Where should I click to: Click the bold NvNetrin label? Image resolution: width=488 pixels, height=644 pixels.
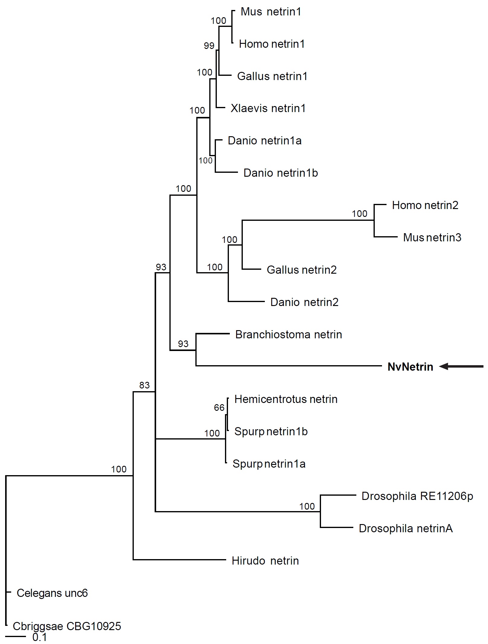(x=410, y=367)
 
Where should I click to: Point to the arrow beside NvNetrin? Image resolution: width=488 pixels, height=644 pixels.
(x=461, y=367)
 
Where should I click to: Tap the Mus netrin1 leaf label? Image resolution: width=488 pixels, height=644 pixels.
(x=271, y=12)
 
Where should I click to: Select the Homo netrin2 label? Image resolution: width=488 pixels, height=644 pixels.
(x=425, y=205)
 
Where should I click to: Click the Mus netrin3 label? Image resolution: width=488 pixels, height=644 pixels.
(x=432, y=238)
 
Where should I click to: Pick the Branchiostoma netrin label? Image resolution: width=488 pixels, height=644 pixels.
(x=288, y=335)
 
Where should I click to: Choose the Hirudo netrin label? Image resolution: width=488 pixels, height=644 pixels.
(x=265, y=561)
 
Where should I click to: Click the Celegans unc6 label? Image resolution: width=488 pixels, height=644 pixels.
(x=52, y=593)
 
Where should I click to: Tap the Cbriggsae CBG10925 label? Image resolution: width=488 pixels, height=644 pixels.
(x=67, y=626)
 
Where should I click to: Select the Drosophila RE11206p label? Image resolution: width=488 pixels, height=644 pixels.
(x=417, y=496)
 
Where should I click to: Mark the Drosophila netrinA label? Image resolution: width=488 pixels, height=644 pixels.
(x=406, y=529)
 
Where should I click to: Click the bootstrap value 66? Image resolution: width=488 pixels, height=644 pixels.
(x=219, y=408)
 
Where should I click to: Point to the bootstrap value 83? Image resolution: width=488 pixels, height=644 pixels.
(x=144, y=385)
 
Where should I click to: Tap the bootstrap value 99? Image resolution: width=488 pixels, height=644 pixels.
(x=209, y=46)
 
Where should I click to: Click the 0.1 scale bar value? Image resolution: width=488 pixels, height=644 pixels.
(x=40, y=637)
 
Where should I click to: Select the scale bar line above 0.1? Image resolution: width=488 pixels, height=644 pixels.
(x=16, y=636)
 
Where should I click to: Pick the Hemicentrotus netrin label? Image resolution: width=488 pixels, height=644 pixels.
(x=286, y=399)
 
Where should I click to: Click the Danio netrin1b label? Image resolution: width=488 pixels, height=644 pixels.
(x=281, y=173)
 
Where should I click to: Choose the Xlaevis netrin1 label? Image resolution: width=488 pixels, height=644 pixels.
(x=268, y=108)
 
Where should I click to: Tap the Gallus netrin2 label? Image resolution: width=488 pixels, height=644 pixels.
(x=301, y=270)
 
